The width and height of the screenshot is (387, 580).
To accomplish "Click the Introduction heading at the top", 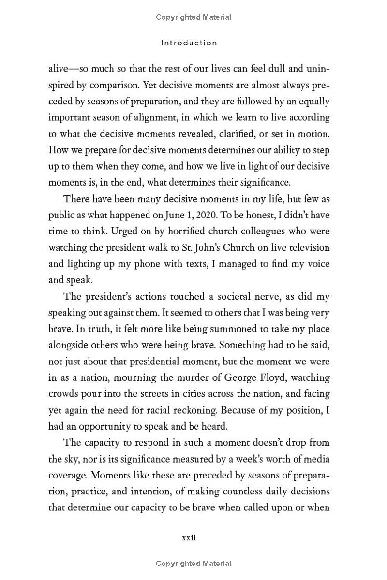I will tap(189, 43).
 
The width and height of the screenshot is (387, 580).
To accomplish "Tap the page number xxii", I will tap(189, 538).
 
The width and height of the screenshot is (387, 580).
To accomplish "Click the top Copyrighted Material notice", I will tap(193, 17).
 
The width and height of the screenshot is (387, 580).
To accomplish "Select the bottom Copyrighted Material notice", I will tap(193, 564).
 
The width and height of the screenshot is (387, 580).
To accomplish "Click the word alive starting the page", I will tap(59, 68).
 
